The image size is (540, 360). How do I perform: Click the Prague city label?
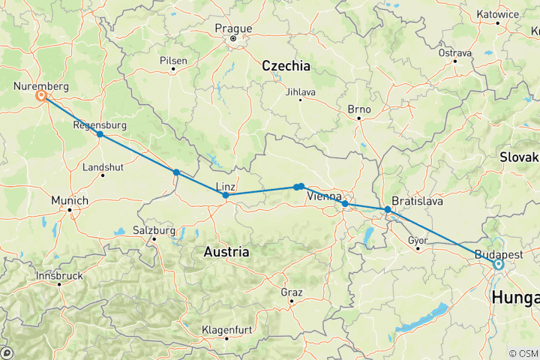(232, 28)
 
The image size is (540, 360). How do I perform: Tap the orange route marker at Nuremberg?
(41, 96)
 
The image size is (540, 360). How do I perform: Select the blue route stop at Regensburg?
(100, 134)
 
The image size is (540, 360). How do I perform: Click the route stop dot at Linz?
(226, 195)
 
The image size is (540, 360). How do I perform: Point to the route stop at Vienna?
(344, 204)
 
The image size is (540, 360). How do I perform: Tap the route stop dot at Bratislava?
(388, 210)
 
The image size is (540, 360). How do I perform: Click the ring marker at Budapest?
(497, 264)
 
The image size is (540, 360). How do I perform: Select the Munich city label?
(70, 201)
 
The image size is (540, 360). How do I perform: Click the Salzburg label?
(153, 229)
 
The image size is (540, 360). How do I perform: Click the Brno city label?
(359, 109)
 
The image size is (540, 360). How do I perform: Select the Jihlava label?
(301, 92)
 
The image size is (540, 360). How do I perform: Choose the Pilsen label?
(173, 61)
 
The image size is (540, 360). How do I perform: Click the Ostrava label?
(455, 53)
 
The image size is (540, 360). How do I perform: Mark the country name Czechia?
(286, 66)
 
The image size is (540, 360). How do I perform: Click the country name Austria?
(226, 253)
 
